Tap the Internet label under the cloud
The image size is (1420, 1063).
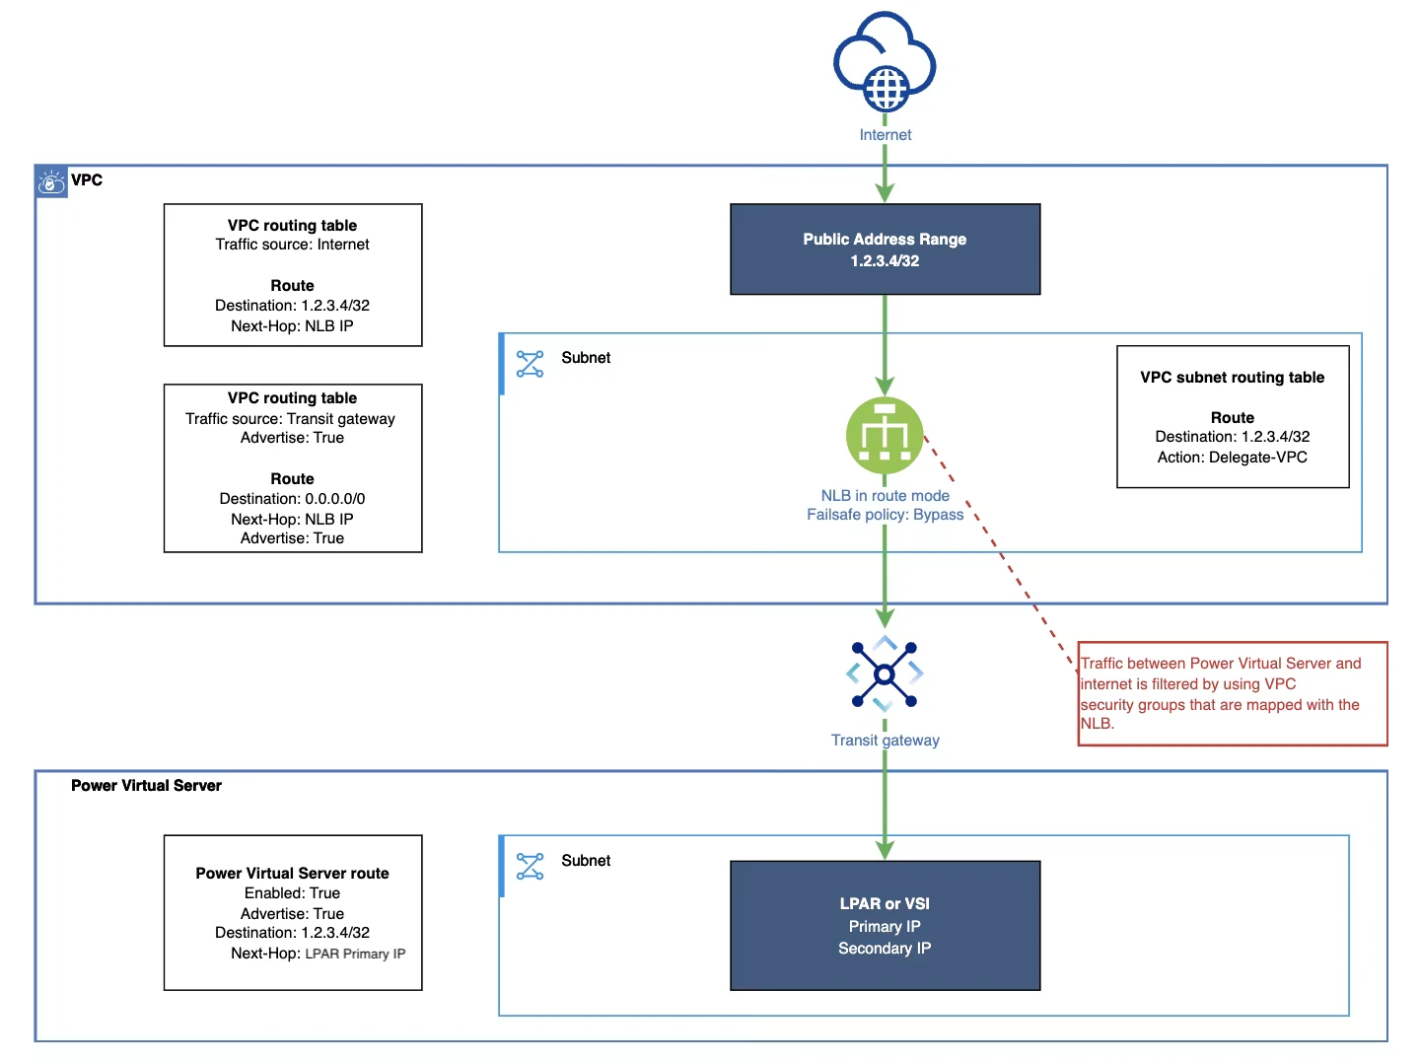pyautogui.click(x=885, y=134)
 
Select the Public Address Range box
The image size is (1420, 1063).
pyautogui.click(x=885, y=248)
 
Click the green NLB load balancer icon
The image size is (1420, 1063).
pyautogui.click(x=885, y=435)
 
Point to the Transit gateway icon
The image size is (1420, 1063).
pyautogui.click(x=884, y=674)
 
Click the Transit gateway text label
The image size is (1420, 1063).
pyautogui.click(x=885, y=740)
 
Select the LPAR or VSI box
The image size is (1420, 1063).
pyautogui.click(x=885, y=925)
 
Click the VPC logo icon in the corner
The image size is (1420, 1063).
pyautogui.click(x=51, y=182)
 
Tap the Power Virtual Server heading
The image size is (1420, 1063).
pyautogui.click(x=146, y=785)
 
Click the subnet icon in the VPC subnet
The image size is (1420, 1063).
pyautogui.click(x=530, y=364)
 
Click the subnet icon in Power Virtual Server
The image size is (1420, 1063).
pyautogui.click(x=530, y=866)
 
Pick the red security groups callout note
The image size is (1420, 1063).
pyautogui.click(x=1233, y=693)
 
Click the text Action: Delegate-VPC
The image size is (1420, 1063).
pyautogui.click(x=1232, y=458)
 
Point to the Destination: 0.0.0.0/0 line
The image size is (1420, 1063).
pyautogui.click(x=292, y=499)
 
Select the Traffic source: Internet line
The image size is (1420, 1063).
pyautogui.click(x=292, y=244)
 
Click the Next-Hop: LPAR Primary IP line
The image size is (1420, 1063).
pyautogui.click(x=318, y=954)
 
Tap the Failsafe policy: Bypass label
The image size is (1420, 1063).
pyautogui.click(x=885, y=514)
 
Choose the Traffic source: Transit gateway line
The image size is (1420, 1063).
pyautogui.click(x=290, y=418)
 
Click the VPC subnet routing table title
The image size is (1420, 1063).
pyautogui.click(x=1232, y=377)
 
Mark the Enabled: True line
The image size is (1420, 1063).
pyautogui.click(x=292, y=892)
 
